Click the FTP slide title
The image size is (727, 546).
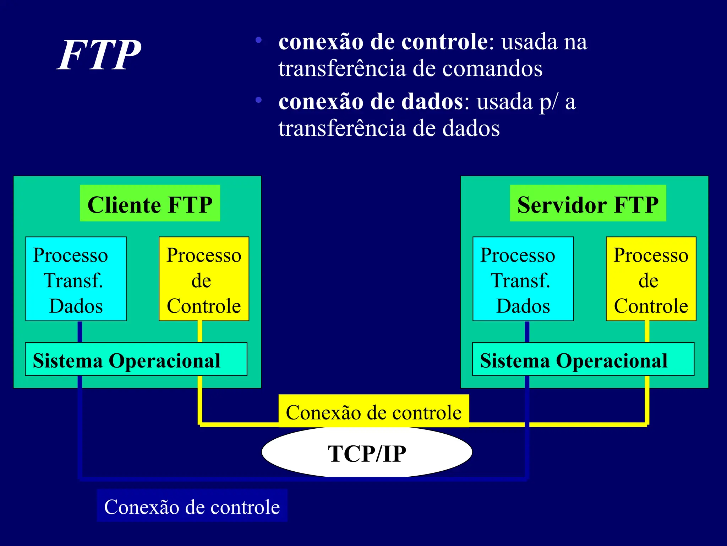click(x=99, y=55)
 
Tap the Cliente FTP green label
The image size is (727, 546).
click(x=150, y=203)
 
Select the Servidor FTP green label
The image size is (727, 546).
click(x=588, y=203)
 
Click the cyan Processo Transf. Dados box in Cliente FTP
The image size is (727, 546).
click(x=76, y=279)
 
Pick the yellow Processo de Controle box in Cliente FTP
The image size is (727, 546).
click(x=204, y=279)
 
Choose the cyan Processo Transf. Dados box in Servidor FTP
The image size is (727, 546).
click(x=523, y=279)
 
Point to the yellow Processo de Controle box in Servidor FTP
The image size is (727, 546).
click(x=651, y=279)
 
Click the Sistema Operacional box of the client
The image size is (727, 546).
click(x=136, y=359)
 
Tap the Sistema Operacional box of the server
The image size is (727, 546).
click(x=583, y=359)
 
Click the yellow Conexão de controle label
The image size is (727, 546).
click(x=373, y=411)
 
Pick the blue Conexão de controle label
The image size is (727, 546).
click(x=192, y=506)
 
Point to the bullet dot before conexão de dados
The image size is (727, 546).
click(x=259, y=100)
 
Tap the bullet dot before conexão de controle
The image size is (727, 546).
click(x=259, y=40)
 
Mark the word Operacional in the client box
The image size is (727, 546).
click(x=164, y=361)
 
